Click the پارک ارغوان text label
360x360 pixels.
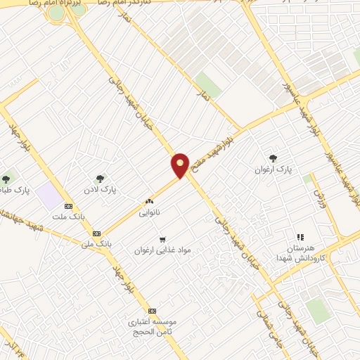(x=273, y=170)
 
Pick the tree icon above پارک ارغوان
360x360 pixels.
(x=273, y=159)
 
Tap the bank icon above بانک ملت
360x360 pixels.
(x=68, y=206)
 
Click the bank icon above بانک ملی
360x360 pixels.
(x=96, y=233)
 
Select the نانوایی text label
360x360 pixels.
(x=149, y=212)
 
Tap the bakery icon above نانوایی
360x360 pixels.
(x=148, y=201)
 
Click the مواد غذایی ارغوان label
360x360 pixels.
(x=163, y=250)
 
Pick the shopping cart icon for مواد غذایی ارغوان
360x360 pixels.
(x=162, y=239)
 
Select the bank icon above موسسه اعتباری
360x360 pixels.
(x=152, y=311)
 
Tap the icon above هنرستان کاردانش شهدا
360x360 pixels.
(x=300, y=237)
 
